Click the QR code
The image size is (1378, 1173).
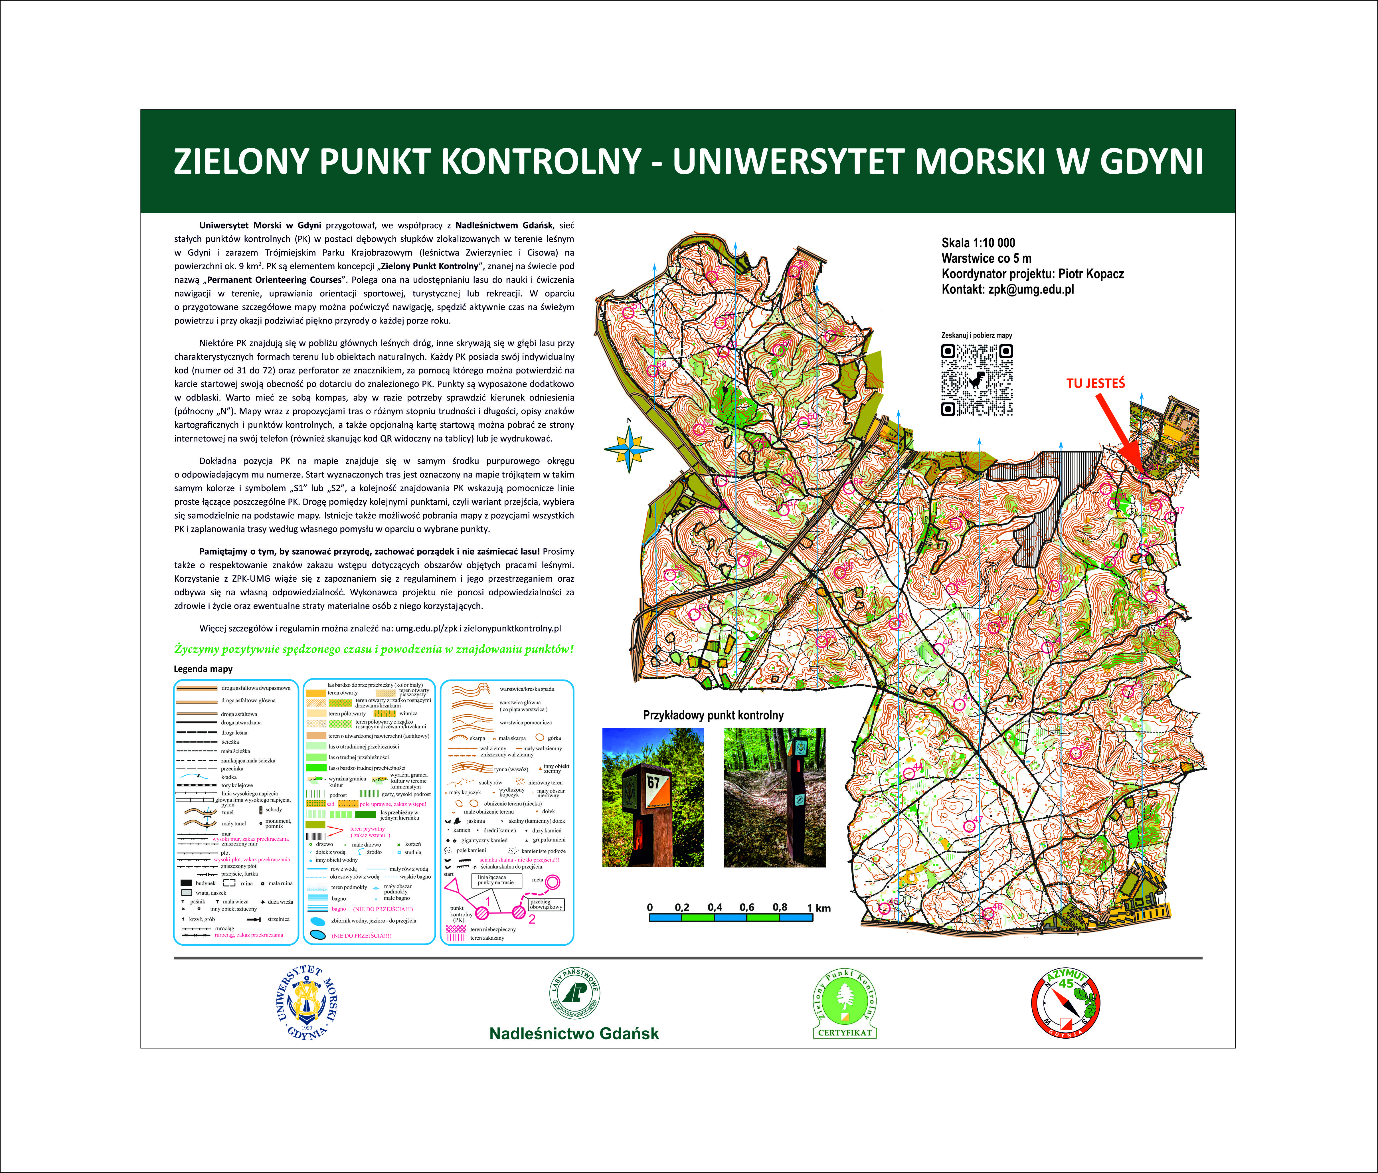click(976, 380)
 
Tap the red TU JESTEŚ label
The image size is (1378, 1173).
click(1096, 383)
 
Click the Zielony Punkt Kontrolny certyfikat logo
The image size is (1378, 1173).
click(844, 1004)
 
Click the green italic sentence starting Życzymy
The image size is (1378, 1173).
click(374, 649)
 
